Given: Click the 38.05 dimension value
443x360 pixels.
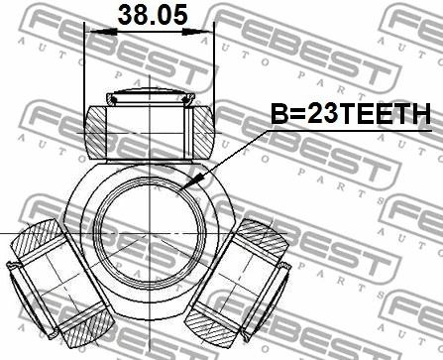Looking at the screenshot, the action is [x=153, y=15].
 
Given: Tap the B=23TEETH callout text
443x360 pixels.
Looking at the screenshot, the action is [x=351, y=113].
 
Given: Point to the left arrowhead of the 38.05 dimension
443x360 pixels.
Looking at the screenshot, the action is [x=101, y=32].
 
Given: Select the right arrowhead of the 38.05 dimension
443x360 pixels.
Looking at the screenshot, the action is [x=197, y=32].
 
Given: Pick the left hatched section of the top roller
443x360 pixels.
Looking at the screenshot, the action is [x=96, y=133].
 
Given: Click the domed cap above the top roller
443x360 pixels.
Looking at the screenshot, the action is [x=151, y=95].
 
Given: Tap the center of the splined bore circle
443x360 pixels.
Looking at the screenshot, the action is [x=151, y=233].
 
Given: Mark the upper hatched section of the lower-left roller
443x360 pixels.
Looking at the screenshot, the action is [x=37, y=238].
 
